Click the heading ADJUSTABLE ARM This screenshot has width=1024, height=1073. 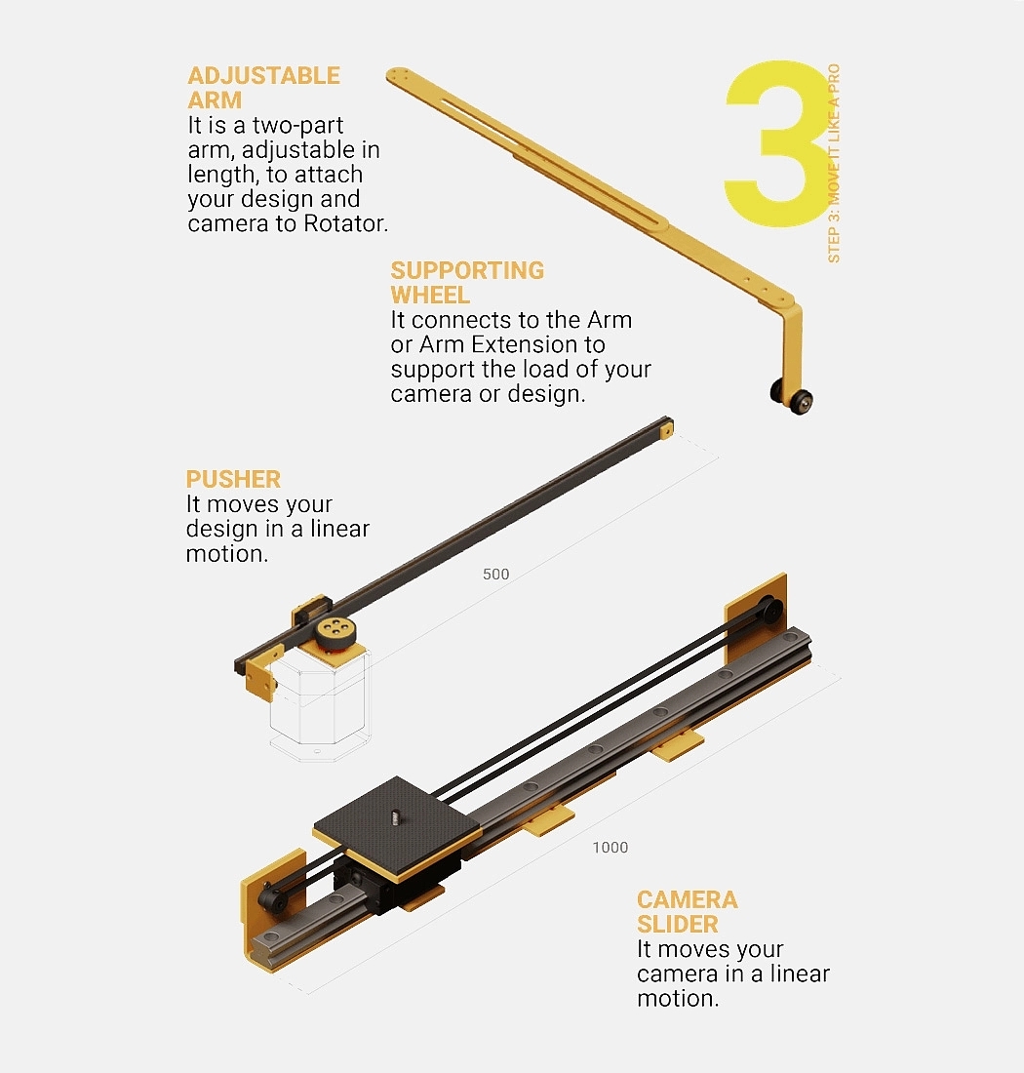click(264, 88)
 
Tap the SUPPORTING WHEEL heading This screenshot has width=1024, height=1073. click(467, 283)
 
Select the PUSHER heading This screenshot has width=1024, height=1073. click(233, 479)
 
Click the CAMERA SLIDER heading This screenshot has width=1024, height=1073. click(688, 911)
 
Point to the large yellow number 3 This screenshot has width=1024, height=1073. click(777, 143)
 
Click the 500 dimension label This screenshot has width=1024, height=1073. click(496, 575)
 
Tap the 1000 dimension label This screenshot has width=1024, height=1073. click(610, 847)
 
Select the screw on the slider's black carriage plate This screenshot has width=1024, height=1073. click(395, 816)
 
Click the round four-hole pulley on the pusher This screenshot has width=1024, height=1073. click(335, 630)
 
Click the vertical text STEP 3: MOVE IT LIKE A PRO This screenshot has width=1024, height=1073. click(833, 163)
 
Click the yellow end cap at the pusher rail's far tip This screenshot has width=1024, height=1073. click(666, 430)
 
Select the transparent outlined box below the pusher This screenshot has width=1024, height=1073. click(320, 705)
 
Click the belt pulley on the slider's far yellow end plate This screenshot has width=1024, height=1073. click(771, 610)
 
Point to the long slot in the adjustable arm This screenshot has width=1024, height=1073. click(553, 162)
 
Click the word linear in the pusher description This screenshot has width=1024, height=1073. click(340, 529)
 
